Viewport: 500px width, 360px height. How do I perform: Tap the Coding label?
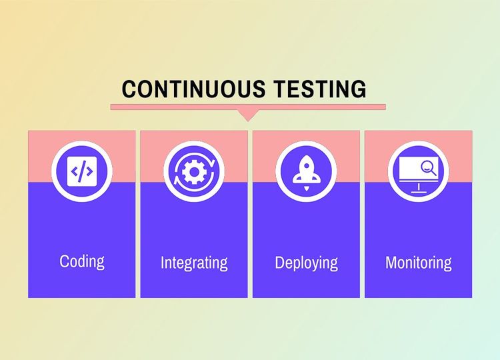[x=82, y=261]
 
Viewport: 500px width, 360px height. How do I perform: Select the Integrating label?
[x=194, y=263]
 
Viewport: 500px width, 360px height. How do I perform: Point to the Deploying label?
[x=306, y=263]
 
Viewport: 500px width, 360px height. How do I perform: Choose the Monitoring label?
[x=418, y=263]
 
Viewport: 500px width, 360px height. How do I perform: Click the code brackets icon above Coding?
[x=82, y=172]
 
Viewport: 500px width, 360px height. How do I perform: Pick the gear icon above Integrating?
[x=194, y=172]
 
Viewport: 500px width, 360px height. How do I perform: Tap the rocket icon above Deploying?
[x=306, y=171]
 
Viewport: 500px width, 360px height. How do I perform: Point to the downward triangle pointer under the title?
[x=248, y=115]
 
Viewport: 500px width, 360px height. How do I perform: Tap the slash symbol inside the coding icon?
[x=82, y=172]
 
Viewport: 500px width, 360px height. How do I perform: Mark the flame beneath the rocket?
[x=306, y=189]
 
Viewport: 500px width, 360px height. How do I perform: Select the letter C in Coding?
[x=65, y=261]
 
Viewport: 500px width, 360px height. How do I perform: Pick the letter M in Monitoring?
[x=392, y=262]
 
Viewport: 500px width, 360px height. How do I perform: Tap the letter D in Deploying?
[x=280, y=262]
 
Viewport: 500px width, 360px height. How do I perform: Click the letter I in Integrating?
[x=162, y=262]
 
